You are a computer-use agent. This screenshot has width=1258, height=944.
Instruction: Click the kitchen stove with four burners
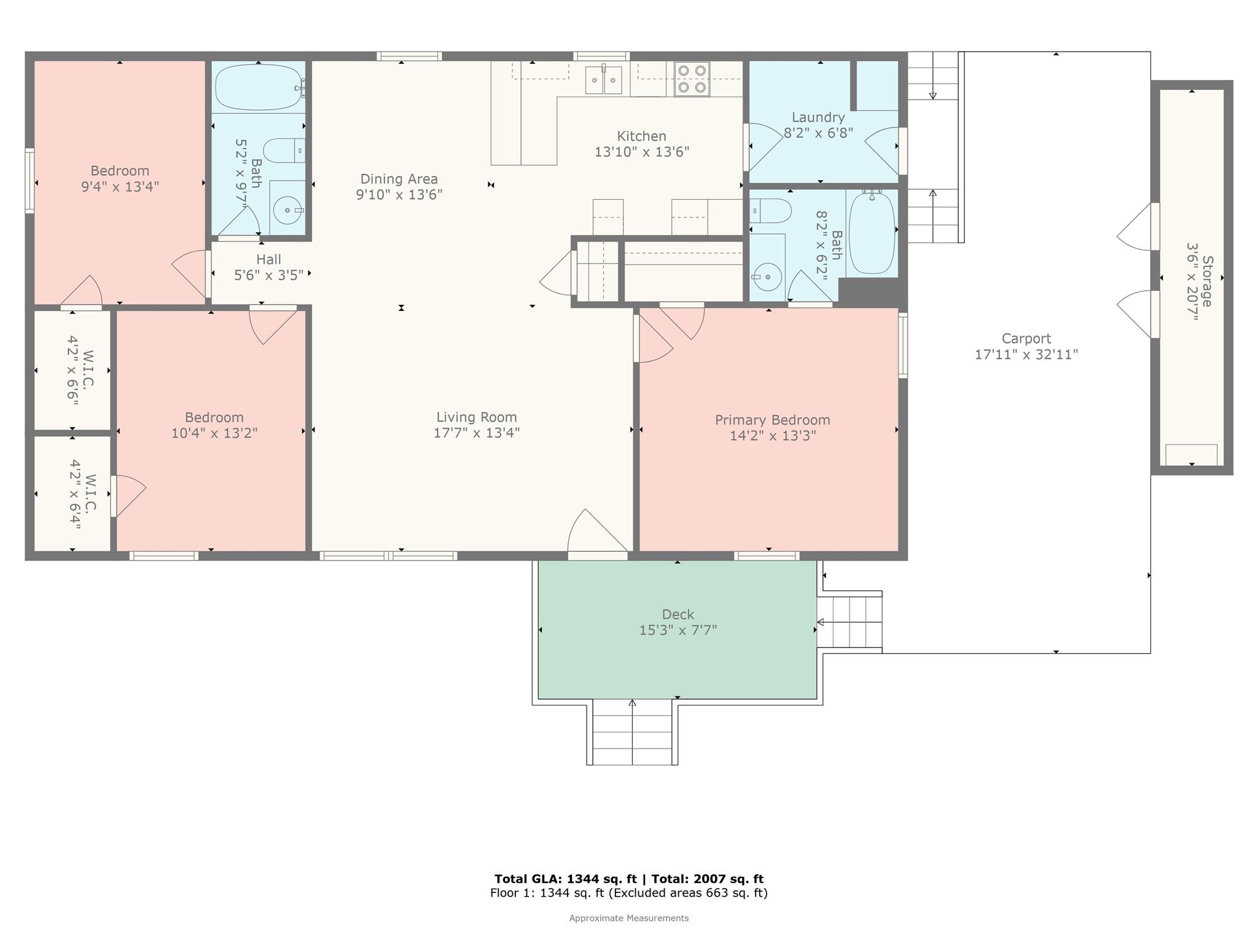pyautogui.click(x=692, y=79)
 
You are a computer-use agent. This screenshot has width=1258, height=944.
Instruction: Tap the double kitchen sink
pyautogui.click(x=603, y=80)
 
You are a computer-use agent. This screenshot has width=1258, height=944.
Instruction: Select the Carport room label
pyautogui.click(x=1026, y=338)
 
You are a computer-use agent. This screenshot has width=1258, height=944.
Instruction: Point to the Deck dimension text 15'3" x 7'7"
pyautogui.click(x=678, y=630)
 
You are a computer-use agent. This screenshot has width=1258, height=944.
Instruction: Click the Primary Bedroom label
pyautogui.click(x=772, y=420)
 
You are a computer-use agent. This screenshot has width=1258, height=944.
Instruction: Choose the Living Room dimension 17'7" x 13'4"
pyautogui.click(x=477, y=433)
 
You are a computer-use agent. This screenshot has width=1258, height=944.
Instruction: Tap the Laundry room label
pyautogui.click(x=818, y=117)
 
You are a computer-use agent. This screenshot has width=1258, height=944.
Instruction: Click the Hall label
pyautogui.click(x=268, y=259)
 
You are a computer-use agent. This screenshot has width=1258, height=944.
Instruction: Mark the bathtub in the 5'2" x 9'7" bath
pyautogui.click(x=259, y=87)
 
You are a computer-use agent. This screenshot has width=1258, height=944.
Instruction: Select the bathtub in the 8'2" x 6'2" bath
pyautogui.click(x=872, y=234)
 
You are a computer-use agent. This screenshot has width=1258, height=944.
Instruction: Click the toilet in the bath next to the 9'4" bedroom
pyautogui.click(x=284, y=151)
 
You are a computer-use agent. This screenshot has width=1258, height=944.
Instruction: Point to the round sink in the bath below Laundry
pyautogui.click(x=767, y=277)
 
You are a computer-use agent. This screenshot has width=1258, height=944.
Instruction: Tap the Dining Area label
pyautogui.click(x=399, y=179)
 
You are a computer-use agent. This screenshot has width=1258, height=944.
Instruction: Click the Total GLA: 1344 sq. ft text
pyautogui.click(x=565, y=879)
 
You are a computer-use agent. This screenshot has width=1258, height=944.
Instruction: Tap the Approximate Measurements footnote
pyautogui.click(x=629, y=918)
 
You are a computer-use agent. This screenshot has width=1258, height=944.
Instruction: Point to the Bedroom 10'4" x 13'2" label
pyautogui.click(x=214, y=425)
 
